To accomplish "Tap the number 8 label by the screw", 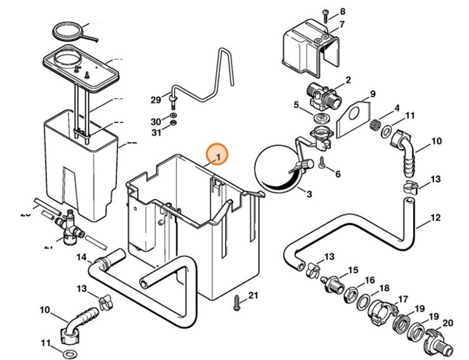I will click(x=343, y=11).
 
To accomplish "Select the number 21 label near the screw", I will click(x=254, y=295).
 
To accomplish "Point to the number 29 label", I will click(x=156, y=100).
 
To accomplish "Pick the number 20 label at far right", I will click(x=448, y=323).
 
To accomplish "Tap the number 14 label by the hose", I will click(x=82, y=257).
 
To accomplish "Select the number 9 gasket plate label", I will click(x=373, y=94).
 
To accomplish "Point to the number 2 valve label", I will click(x=347, y=80).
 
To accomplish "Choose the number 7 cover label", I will click(x=342, y=25).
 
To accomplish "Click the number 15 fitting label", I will click(x=353, y=270).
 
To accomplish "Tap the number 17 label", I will click(x=402, y=300).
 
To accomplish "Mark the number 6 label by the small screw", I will click(x=337, y=174).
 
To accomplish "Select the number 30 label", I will click(x=156, y=122).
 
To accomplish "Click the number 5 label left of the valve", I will click(x=296, y=105).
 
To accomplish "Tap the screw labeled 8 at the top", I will click(x=324, y=13).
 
